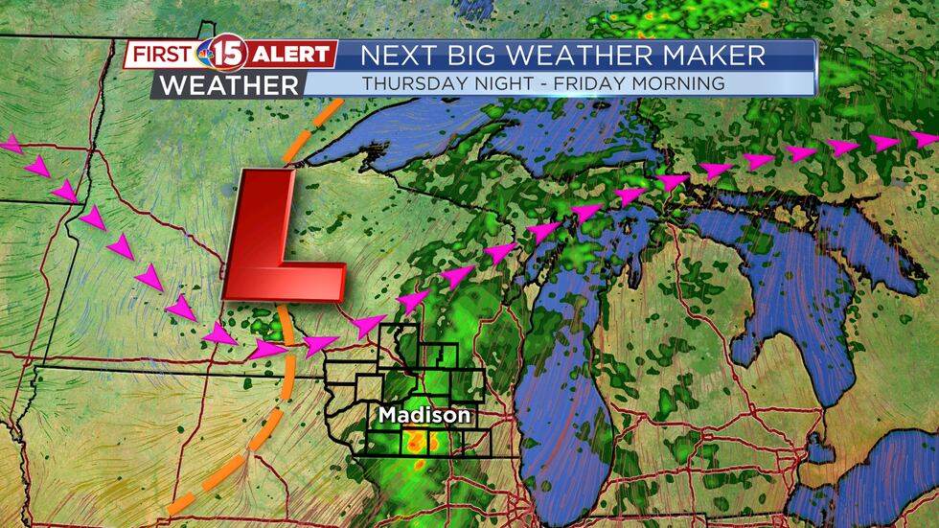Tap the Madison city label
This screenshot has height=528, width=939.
[x=424, y=416]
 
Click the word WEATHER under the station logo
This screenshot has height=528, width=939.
[x=229, y=84]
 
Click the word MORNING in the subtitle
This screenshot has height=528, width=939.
[x=677, y=83]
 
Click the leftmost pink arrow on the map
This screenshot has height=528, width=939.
[x=10, y=145]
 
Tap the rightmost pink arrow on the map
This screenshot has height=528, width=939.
[x=924, y=140]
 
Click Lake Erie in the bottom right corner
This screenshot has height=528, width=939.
[x=891, y=479]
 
